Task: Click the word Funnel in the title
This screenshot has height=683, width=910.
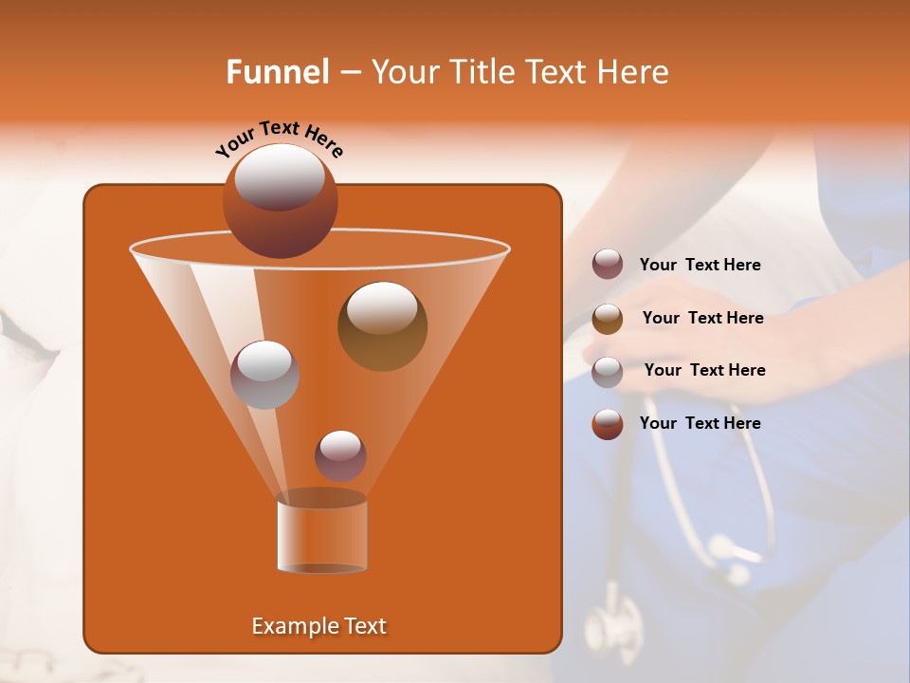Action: [x=277, y=72]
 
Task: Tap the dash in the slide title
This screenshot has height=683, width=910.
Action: [x=349, y=73]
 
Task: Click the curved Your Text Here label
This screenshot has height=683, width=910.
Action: [x=279, y=138]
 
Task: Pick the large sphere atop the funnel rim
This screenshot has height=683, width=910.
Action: [x=280, y=200]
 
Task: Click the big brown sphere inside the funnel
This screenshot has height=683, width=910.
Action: [x=382, y=325]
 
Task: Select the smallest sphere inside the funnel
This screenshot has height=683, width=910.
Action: [x=340, y=455]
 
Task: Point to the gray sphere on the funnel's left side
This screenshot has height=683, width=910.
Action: [x=264, y=375]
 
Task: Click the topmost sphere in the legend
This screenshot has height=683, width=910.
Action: [x=608, y=265]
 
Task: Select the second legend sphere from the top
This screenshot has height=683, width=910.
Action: [x=608, y=319]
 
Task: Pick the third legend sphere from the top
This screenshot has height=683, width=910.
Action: [x=608, y=371]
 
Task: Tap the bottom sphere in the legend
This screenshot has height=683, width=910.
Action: [x=608, y=424]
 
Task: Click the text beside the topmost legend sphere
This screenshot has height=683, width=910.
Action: [x=700, y=266]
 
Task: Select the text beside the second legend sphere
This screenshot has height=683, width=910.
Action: [x=702, y=319]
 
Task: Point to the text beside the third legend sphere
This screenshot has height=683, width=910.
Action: [x=704, y=371]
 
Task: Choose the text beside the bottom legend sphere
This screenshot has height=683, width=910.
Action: [x=700, y=424]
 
